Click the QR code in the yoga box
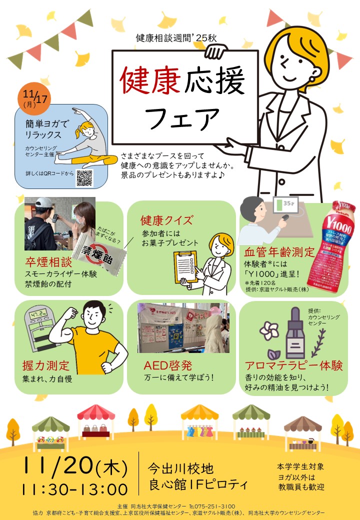(84, 178)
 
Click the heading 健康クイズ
(166, 220)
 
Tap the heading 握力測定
(45, 366)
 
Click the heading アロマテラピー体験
(293, 365)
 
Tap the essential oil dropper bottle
(295, 333)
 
